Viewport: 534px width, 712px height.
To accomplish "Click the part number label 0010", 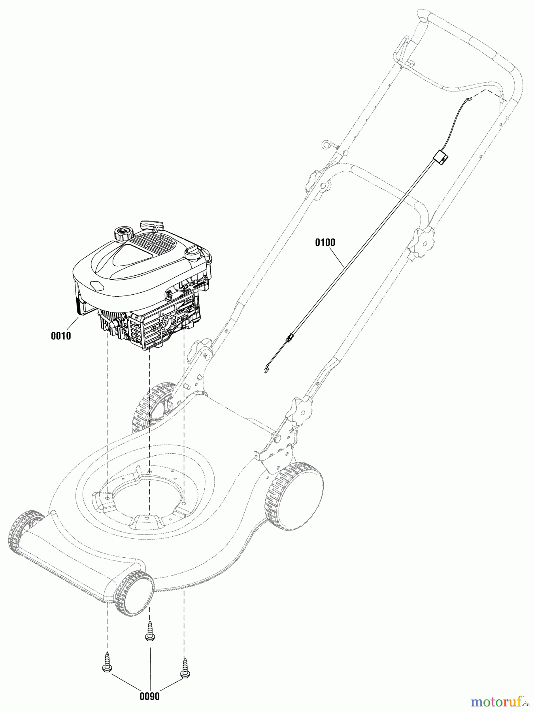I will (61, 336).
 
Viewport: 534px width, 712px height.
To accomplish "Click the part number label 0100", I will (325, 242).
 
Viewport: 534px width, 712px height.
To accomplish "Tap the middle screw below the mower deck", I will (150, 631).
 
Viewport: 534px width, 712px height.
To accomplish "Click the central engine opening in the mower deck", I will (148, 493).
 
